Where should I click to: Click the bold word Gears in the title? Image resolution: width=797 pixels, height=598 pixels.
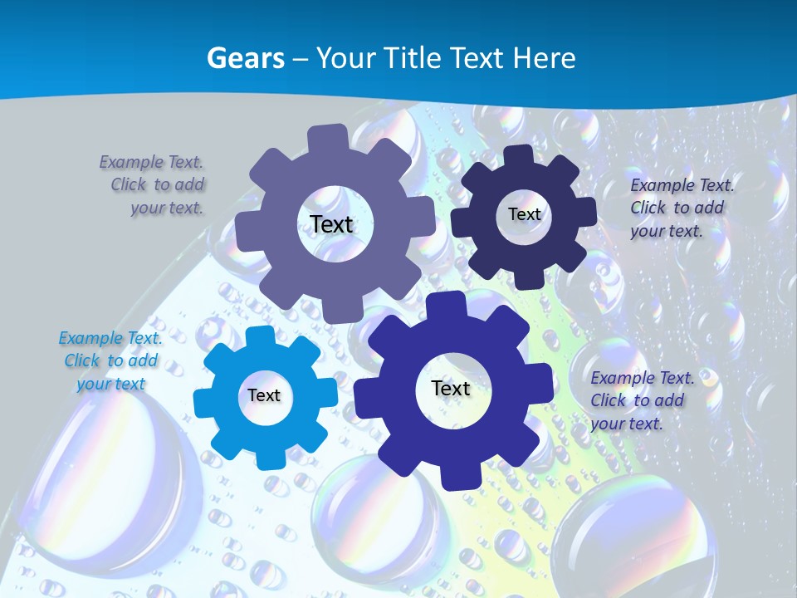(245, 58)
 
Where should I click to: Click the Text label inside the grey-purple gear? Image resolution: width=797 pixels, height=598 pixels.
(331, 224)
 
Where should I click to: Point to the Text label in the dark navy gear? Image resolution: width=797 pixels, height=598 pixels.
(524, 214)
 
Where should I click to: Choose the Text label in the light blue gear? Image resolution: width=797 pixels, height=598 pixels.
(264, 395)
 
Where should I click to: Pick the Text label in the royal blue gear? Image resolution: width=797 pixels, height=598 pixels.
(451, 388)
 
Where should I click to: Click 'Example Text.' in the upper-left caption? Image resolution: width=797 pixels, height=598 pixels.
(151, 162)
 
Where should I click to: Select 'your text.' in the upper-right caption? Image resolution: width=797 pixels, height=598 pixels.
(666, 231)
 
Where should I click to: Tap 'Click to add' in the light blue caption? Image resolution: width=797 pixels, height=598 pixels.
(110, 360)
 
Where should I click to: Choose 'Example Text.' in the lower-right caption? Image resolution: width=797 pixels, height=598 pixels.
(642, 378)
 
